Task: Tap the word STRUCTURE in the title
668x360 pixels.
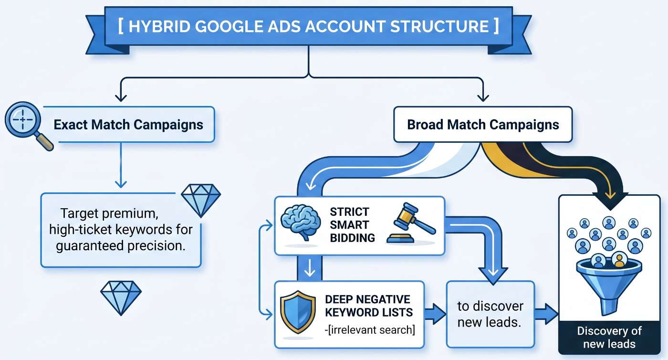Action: point(439,26)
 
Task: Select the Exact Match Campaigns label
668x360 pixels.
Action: point(128,125)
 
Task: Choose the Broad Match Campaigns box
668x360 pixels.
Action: point(483,124)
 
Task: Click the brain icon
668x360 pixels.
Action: point(301,222)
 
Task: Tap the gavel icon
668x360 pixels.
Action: point(411,222)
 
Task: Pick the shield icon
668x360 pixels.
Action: point(298,312)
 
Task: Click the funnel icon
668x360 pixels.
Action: point(609,285)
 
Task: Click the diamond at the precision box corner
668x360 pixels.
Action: point(201,201)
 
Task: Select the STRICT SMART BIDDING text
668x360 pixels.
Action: point(352,225)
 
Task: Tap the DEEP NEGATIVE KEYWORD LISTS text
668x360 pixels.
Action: point(369,306)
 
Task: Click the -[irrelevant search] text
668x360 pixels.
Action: point(370,330)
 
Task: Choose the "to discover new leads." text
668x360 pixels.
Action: point(490,314)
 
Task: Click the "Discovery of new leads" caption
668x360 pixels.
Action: point(609,337)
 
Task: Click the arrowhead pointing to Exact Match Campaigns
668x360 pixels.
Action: point(121,97)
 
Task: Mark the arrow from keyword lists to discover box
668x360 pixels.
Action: point(435,314)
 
